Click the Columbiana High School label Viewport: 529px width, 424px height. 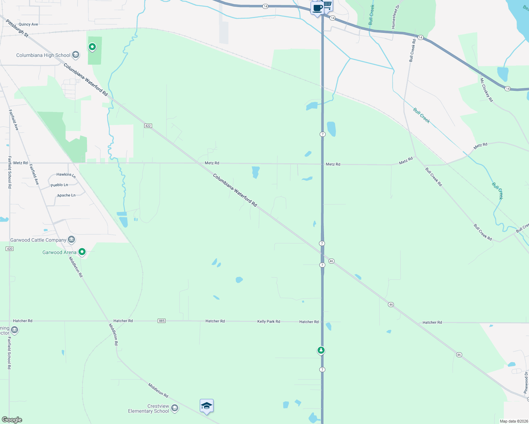(x=43, y=55)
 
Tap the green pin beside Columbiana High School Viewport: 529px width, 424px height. (x=92, y=47)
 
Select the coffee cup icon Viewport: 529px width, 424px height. (x=317, y=8)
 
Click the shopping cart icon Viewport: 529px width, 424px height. (x=328, y=5)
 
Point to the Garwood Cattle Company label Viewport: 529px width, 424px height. (x=38, y=240)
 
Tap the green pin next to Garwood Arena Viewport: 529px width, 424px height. (x=82, y=252)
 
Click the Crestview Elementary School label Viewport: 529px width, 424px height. (x=149, y=408)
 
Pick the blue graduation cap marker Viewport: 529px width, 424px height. (x=207, y=406)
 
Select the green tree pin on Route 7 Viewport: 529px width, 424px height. (x=321, y=350)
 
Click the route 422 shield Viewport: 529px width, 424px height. (x=148, y=126)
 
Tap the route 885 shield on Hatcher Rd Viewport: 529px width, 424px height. (x=162, y=321)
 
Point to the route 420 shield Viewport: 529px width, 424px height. (x=10, y=249)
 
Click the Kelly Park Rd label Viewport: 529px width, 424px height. (x=268, y=322)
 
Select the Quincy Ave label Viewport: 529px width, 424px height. (x=28, y=24)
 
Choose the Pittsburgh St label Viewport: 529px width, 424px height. (x=17, y=28)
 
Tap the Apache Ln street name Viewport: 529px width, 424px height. (x=66, y=195)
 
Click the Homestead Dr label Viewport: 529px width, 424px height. (x=395, y=17)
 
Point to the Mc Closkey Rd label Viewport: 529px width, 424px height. (x=486, y=90)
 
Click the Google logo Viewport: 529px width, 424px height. (x=12, y=420)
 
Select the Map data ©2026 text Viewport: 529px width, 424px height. (x=512, y=421)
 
